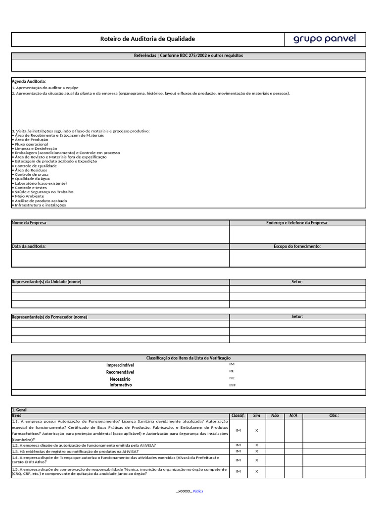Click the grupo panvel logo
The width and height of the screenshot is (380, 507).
(x=325, y=39)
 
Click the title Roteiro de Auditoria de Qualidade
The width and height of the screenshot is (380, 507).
(x=147, y=39)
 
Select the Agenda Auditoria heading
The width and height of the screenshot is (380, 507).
(x=29, y=81)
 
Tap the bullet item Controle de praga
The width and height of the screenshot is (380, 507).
(x=32, y=174)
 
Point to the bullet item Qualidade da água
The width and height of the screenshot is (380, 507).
(x=32, y=179)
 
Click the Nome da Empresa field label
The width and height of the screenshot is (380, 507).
(x=30, y=223)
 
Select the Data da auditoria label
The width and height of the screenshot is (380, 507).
(x=29, y=246)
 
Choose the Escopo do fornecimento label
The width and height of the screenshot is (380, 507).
(x=297, y=246)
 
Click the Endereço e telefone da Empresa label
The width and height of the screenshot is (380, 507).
(x=297, y=223)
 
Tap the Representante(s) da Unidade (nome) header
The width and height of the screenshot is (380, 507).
(x=47, y=282)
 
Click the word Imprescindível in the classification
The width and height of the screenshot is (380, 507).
(x=120, y=365)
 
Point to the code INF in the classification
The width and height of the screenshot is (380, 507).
(x=232, y=385)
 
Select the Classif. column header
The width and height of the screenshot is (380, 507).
(x=238, y=415)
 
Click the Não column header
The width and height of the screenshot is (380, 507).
(x=275, y=415)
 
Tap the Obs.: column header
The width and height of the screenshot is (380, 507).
(x=334, y=415)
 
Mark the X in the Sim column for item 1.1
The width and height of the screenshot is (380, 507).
(x=256, y=430)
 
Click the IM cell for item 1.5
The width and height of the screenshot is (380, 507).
(x=238, y=471)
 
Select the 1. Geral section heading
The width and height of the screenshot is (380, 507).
(x=20, y=410)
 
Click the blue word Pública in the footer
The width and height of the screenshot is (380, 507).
(x=197, y=491)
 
